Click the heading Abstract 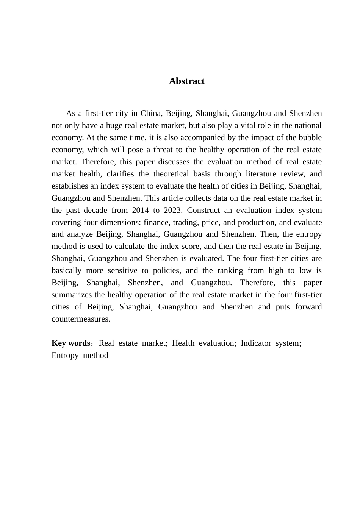186,81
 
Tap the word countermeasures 81,319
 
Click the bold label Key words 70,343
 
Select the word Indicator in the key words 256,343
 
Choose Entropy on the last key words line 65,355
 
